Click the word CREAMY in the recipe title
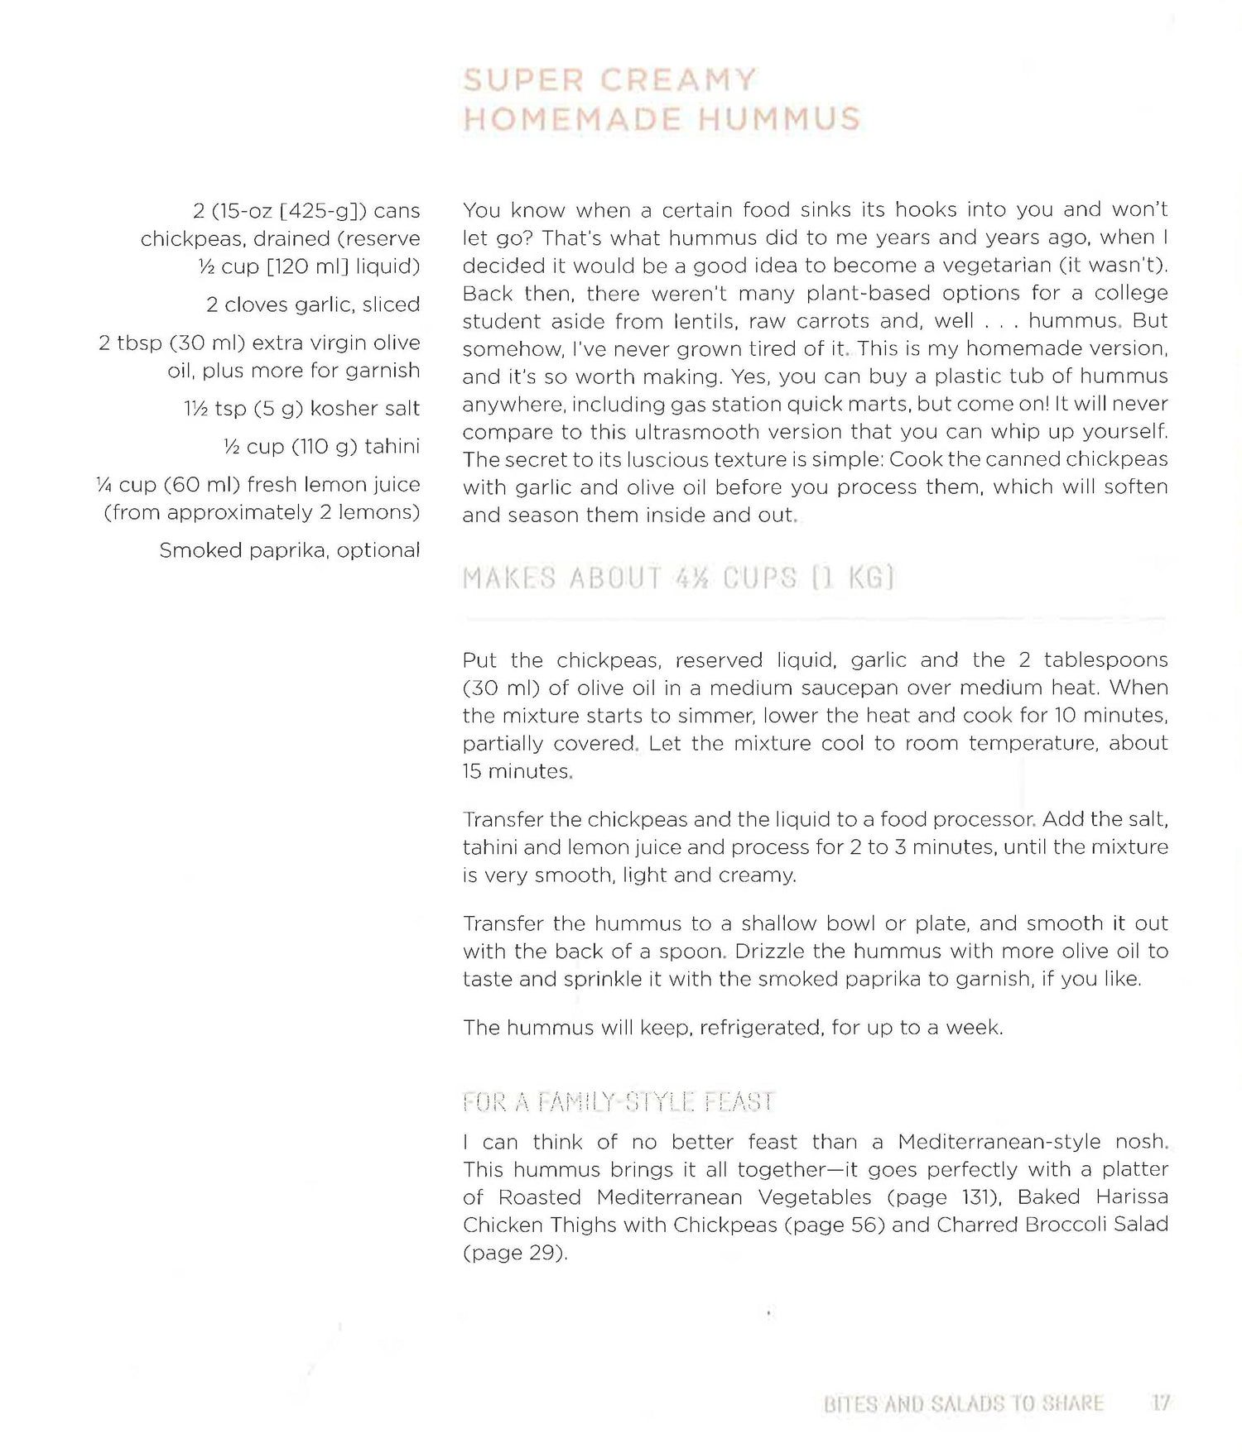(677, 80)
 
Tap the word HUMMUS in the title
(779, 118)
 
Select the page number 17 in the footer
(1160, 1403)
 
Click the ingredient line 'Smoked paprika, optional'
(289, 550)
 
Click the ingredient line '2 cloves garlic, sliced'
(312, 305)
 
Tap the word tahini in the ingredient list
(392, 446)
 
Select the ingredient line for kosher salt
(301, 408)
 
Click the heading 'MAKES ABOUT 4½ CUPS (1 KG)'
(678, 578)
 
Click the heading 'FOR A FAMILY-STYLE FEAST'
(618, 1102)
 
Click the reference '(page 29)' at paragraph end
(513, 1253)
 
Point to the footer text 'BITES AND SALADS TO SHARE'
(963, 1403)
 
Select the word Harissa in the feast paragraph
(1132, 1197)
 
